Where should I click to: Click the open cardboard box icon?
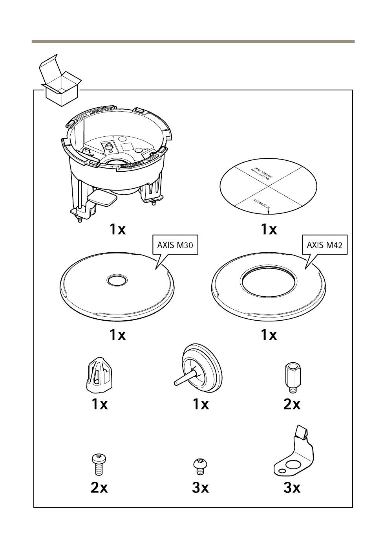click(60, 82)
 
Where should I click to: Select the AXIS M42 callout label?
click(324, 245)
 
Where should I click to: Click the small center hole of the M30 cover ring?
click(117, 280)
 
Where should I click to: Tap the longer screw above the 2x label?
click(99, 464)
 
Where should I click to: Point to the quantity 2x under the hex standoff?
click(292, 404)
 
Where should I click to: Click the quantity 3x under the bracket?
click(292, 488)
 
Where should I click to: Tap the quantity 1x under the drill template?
click(269, 229)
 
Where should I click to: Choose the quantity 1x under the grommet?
click(201, 404)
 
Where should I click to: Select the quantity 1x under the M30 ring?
click(117, 335)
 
